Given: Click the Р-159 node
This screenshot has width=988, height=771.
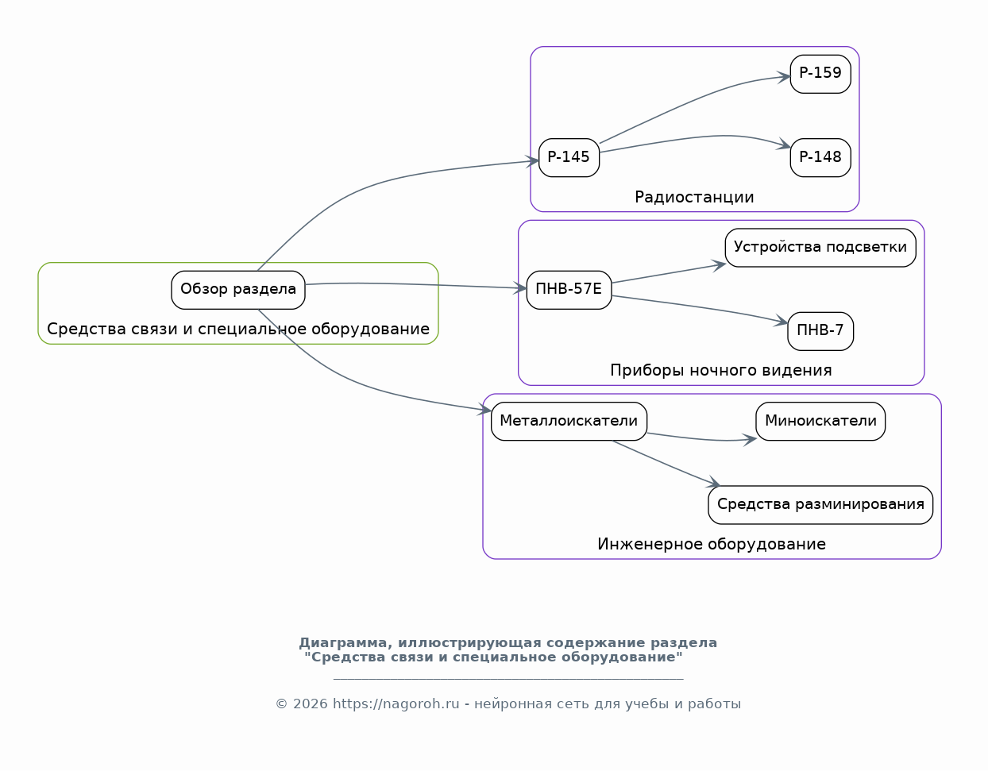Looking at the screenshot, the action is pos(820,74).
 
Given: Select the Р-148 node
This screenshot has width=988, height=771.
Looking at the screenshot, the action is pos(820,158).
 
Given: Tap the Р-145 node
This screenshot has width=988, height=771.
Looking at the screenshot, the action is pos(569,158).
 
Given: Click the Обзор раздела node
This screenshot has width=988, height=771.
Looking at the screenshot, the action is pos(237,290).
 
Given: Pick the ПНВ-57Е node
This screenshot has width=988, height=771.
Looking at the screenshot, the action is pos(569,290).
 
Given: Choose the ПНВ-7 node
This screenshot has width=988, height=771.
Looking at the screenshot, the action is pos(820,331).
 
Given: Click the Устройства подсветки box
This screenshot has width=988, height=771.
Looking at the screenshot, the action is pos(820,248).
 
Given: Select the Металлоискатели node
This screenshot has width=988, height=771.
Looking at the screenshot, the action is pos(569,421).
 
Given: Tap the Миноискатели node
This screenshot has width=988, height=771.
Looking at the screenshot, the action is pos(820,421).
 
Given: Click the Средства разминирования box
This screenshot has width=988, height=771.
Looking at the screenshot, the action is pos(820,505).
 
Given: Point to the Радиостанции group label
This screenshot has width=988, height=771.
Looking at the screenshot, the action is pos(694,197).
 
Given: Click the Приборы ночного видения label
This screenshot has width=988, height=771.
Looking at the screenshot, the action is pos(720,371).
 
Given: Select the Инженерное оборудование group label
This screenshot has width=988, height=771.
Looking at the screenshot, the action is pos(711,544).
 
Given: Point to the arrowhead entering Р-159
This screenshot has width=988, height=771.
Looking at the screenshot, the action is pos(784,77).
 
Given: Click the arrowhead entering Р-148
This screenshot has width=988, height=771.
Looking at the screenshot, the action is pos(784,145).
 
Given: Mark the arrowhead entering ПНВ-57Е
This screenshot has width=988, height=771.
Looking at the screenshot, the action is pos(519,287).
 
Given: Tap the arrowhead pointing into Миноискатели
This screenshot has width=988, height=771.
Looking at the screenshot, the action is pos(750,440).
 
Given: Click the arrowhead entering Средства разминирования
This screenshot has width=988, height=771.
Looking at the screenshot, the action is pos(713,484).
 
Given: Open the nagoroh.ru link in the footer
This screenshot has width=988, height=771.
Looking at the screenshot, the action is pos(396,704).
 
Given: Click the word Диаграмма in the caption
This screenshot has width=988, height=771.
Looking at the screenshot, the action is pos(345,643).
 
